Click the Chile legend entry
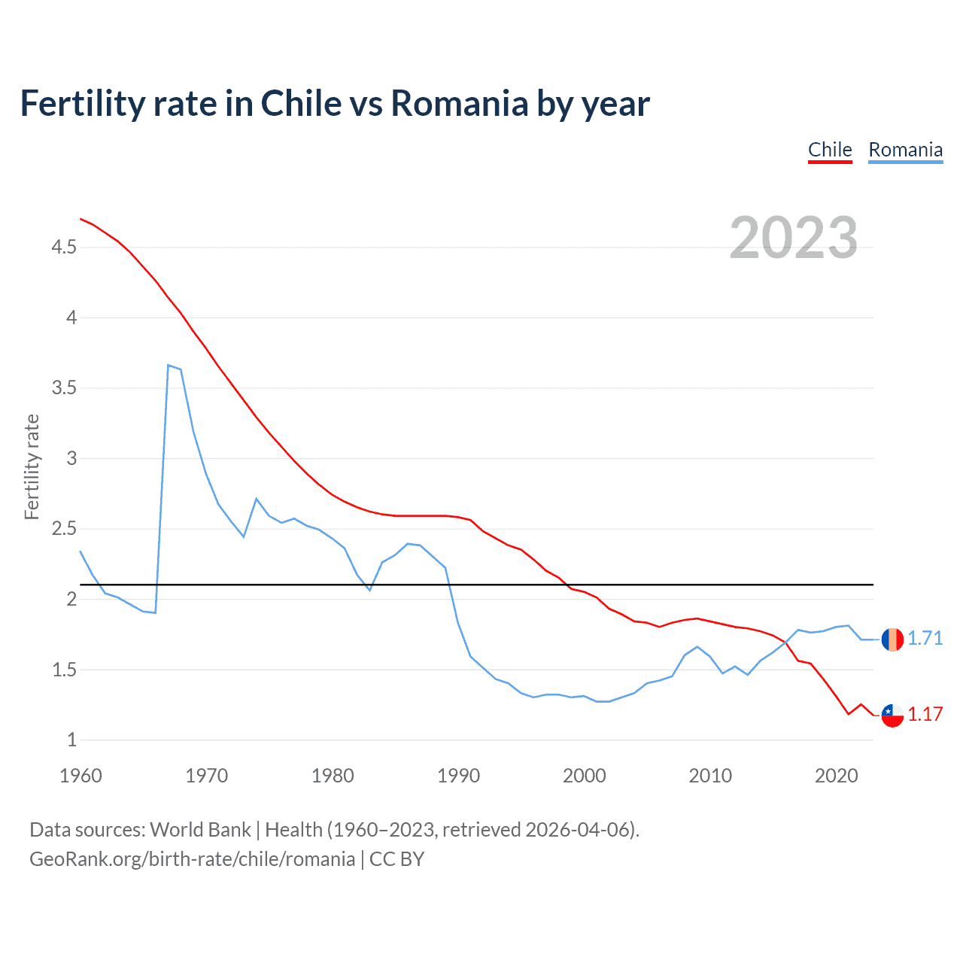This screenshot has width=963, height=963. tap(830, 150)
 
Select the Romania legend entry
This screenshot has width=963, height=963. tap(905, 150)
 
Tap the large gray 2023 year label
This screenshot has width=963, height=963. tap(794, 238)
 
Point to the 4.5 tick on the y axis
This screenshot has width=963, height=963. tap(64, 247)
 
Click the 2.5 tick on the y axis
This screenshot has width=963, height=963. tap(64, 529)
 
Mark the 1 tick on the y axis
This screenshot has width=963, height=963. tap(71, 740)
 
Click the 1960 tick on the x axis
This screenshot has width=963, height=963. tap(81, 776)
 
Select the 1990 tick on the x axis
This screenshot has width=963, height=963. tap(458, 776)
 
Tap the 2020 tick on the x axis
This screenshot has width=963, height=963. tap(836, 776)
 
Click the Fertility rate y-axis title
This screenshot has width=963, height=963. tap(32, 466)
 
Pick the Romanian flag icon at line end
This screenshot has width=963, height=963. tap(892, 639)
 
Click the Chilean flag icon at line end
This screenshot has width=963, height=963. tap(892, 715)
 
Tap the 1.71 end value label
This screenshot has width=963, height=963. tap(925, 639)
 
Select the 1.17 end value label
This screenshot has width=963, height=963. tap(925, 715)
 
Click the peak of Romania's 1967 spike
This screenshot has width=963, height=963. tap(169, 366)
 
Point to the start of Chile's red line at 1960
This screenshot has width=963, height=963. tap(81, 219)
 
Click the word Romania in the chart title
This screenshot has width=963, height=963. tap(460, 104)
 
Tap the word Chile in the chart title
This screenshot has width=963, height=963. tap(300, 104)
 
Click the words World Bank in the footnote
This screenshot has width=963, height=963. tap(200, 830)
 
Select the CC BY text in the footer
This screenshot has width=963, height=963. tap(396, 859)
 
